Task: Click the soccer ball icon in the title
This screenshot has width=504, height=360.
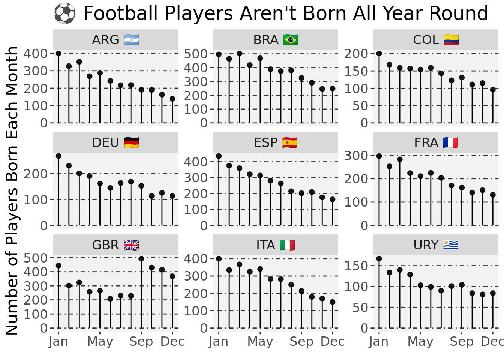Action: (x=65, y=13)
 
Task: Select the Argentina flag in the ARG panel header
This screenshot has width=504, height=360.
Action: (x=131, y=40)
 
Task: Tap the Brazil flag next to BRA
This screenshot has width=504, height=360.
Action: (x=291, y=40)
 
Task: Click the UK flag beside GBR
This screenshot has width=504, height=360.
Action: (x=131, y=245)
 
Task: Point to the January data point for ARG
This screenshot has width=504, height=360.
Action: (x=58, y=54)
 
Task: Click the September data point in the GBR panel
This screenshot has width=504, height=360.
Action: (x=141, y=259)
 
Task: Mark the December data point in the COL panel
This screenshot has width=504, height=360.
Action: (x=493, y=90)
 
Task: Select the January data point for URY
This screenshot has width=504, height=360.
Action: (x=379, y=259)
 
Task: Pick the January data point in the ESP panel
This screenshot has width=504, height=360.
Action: (x=219, y=156)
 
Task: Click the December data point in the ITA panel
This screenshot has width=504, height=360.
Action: (x=333, y=302)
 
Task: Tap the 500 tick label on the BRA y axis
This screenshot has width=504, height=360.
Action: (x=195, y=54)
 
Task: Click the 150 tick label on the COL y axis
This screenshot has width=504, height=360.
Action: (x=356, y=71)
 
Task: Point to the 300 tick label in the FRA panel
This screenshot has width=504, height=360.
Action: (x=356, y=156)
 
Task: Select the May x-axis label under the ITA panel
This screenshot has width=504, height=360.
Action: (x=260, y=342)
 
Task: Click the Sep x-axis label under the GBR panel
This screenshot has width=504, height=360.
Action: (x=141, y=342)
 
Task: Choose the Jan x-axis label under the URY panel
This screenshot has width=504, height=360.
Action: (x=379, y=342)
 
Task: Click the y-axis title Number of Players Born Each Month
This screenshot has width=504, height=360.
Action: (x=12, y=190)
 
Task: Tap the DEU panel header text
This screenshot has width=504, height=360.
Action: (x=105, y=143)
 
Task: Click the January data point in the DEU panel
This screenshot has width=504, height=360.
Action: (x=58, y=156)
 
